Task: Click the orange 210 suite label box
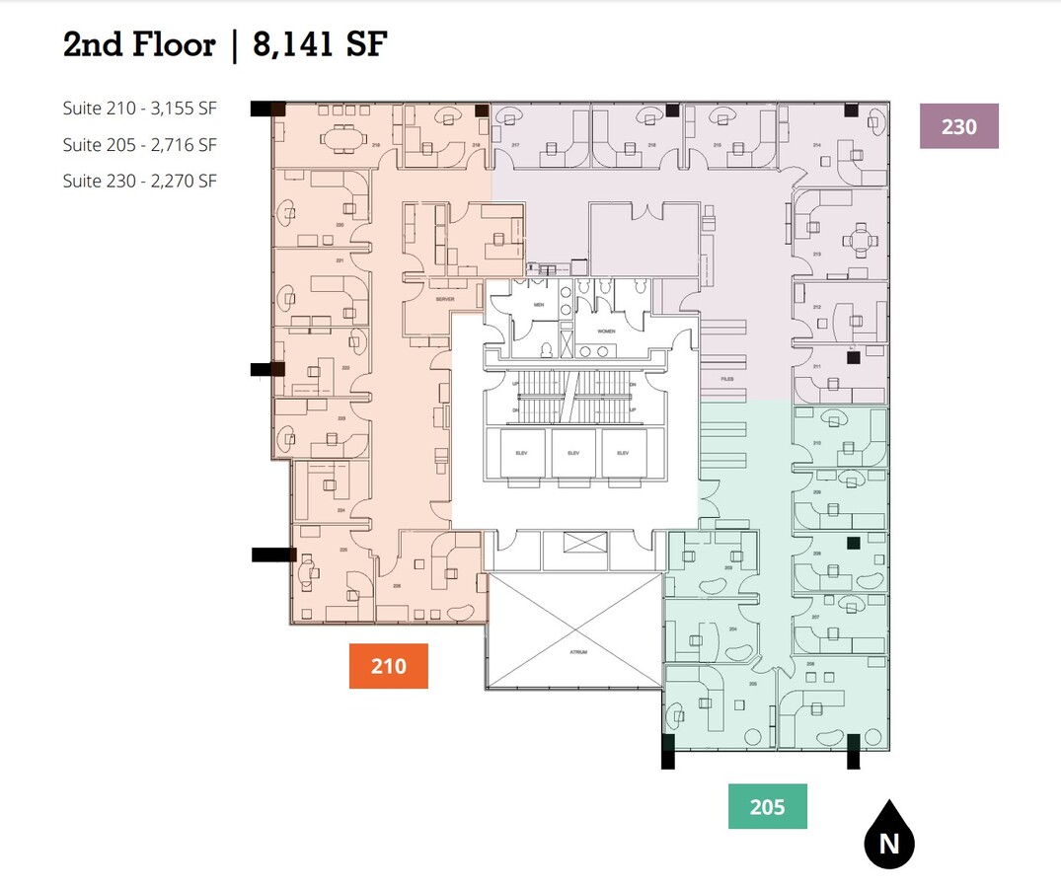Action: (389, 666)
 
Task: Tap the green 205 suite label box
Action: (767, 806)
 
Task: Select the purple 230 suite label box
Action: (958, 126)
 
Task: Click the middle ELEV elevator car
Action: (573, 454)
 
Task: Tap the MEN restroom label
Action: (539, 306)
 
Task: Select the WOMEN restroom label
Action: (605, 331)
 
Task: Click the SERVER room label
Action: (443, 298)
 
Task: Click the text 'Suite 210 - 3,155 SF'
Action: (139, 110)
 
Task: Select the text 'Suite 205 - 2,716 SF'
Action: (139, 145)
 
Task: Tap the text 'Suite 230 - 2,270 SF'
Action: (139, 181)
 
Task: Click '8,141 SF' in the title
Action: (321, 44)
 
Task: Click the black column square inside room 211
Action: (852, 357)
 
